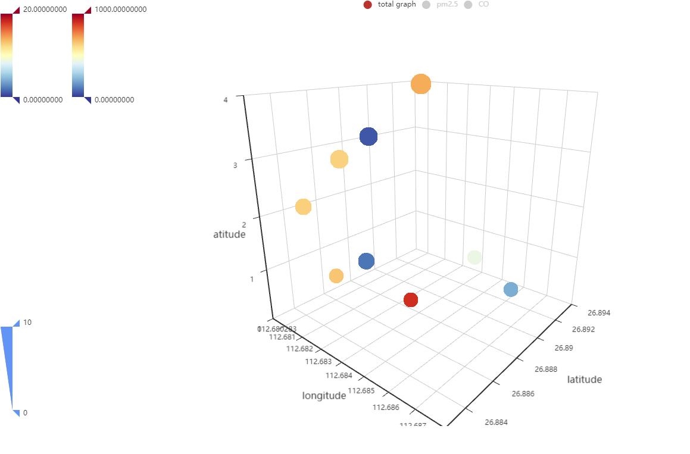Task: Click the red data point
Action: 411,300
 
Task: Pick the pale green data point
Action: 474,257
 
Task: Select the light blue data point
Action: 511,290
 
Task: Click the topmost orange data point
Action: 421,84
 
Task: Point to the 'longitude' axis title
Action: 324,396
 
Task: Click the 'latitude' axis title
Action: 584,380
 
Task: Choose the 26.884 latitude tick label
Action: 497,422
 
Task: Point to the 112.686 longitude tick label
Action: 385,408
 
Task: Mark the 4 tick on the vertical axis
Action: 226,100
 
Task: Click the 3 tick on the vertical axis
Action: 235,165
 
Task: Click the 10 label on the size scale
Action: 27,323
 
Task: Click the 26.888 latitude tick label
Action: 546,370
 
